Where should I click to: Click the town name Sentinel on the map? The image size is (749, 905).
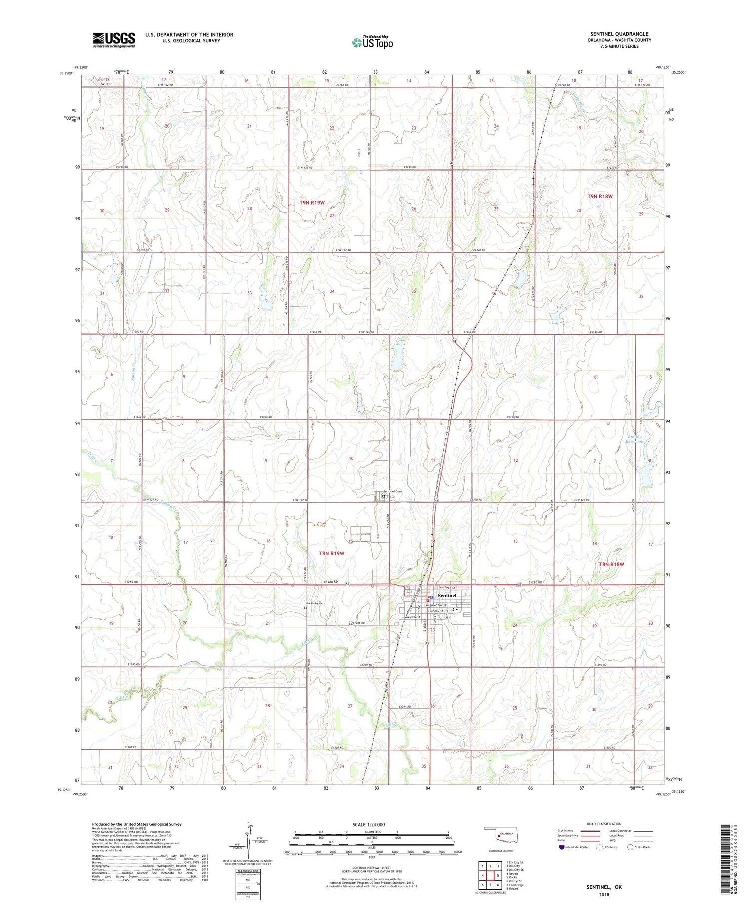coord(447,596)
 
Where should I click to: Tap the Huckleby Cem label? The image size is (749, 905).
coord(316,603)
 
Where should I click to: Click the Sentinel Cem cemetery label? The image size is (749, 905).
coord(392,491)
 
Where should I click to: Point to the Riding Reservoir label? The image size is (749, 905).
coord(635,439)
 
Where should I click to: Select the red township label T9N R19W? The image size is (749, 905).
coord(312,202)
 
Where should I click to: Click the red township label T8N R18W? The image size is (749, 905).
coord(612,564)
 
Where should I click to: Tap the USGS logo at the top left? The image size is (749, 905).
coord(114,40)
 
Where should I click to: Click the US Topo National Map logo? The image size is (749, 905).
coord(372,42)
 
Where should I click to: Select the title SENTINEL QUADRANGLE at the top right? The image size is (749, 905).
coord(619,34)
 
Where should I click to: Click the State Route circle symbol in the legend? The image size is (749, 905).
coord(631,847)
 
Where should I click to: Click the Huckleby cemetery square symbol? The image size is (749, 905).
coord(306,608)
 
